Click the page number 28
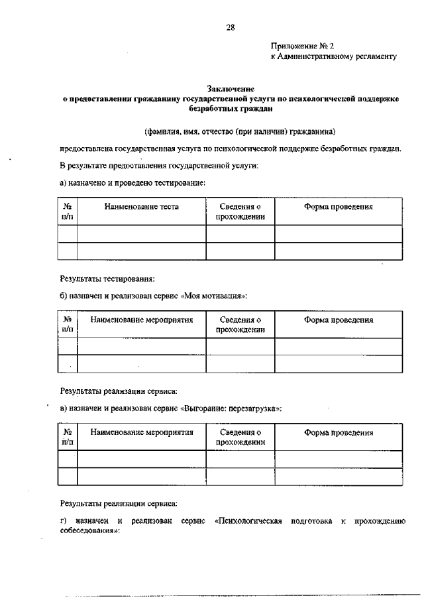pyautogui.click(x=231, y=28)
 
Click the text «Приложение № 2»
pyautogui.click(x=303, y=46)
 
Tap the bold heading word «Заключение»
pyautogui.click(x=231, y=88)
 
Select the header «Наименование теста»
pyautogui.click(x=141, y=207)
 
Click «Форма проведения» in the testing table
pyautogui.click(x=339, y=207)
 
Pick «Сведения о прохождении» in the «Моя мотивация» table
pyautogui.click(x=240, y=324)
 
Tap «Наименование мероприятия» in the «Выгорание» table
pyautogui.click(x=142, y=433)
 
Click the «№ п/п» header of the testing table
pyautogui.click(x=68, y=211)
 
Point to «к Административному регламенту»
pyautogui.click(x=334, y=57)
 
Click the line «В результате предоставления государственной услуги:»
pyautogui.click(x=159, y=165)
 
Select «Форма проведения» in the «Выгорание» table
pyautogui.click(x=339, y=433)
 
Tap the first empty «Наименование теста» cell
pyautogui.click(x=141, y=234)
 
